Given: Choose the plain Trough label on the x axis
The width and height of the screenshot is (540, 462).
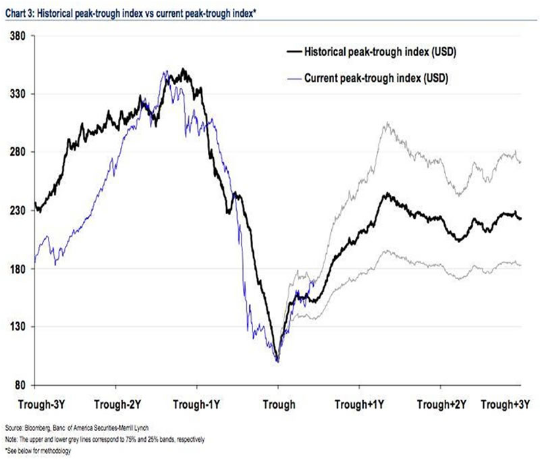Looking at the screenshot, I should click(278, 405).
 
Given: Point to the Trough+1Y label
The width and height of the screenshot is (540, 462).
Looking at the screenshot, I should click(360, 405).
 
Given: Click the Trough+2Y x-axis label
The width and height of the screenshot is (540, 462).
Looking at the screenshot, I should click(441, 405).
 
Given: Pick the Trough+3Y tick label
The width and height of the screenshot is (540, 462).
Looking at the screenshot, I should click(505, 405).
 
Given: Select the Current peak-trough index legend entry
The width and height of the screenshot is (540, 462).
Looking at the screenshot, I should click(377, 78).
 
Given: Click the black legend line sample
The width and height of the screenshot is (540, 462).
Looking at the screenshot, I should click(292, 53).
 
